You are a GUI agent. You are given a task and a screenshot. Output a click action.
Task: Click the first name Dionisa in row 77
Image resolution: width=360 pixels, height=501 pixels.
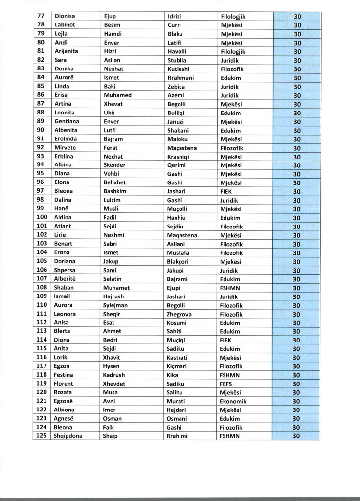(x=65, y=16)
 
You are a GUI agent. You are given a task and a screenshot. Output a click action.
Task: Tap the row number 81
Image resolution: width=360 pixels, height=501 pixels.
(x=41, y=51)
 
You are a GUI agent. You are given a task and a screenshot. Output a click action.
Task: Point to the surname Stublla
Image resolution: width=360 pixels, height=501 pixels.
(x=177, y=60)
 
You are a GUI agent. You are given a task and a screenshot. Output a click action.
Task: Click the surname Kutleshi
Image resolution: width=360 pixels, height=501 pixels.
(x=179, y=68)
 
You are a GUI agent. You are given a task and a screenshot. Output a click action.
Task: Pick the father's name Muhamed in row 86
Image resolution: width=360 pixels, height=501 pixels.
(x=117, y=95)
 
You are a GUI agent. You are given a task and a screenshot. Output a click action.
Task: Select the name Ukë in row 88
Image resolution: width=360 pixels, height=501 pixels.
(x=110, y=113)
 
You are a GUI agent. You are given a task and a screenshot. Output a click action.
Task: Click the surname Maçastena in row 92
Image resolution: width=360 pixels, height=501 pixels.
(x=182, y=148)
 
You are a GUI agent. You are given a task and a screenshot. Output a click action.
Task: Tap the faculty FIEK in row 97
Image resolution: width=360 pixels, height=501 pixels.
(x=226, y=191)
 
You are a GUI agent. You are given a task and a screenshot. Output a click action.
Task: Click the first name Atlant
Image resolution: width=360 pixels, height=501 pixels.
(x=63, y=227)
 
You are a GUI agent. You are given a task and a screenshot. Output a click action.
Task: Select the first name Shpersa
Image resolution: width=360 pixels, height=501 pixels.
(x=65, y=270)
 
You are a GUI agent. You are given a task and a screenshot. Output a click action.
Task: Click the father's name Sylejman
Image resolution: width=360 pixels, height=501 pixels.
(x=115, y=305)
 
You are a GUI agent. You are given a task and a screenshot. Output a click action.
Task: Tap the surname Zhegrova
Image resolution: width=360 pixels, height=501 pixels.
(x=179, y=314)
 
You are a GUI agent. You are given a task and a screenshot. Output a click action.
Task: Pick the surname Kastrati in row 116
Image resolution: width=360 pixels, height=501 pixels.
(x=178, y=357)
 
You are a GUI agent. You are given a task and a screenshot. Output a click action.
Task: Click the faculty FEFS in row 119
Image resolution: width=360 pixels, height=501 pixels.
(x=226, y=384)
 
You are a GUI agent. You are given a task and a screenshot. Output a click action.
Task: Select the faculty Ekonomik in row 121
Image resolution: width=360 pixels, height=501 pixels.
(x=233, y=401)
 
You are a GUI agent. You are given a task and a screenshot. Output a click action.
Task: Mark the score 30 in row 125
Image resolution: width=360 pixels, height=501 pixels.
(x=296, y=436)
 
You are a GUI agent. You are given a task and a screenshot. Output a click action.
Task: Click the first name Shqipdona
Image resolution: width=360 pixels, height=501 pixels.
(x=68, y=436)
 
